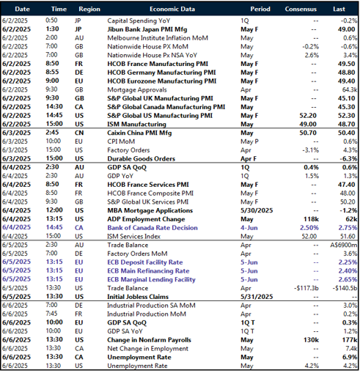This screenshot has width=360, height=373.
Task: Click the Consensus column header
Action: click(x=301, y=9)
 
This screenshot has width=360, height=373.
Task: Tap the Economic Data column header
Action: click(x=171, y=9)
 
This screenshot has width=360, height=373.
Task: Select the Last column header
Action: click(x=339, y=9)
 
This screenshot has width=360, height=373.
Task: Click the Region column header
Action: click(x=89, y=9)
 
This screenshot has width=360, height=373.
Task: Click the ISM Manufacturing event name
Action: click(x=137, y=124)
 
